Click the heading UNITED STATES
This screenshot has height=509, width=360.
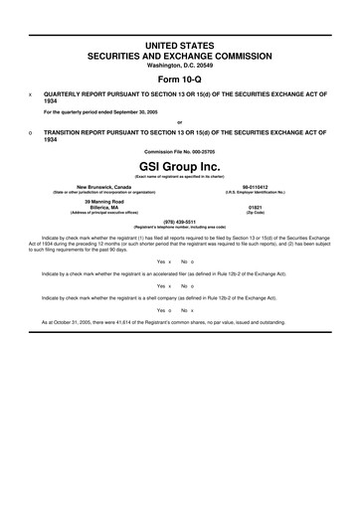[x=179, y=47]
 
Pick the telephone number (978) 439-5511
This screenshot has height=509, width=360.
[x=179, y=221]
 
